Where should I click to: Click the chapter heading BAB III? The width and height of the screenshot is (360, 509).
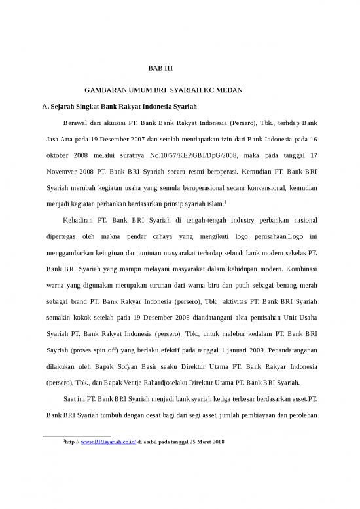pyautogui.click(x=157, y=67)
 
